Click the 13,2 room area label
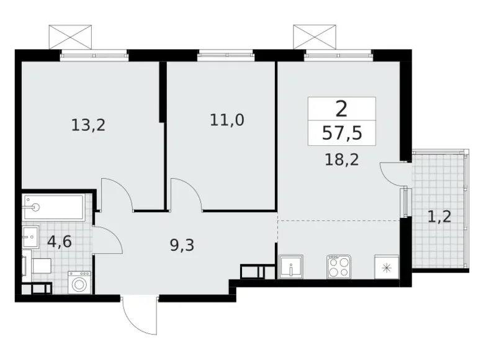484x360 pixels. pos(88,125)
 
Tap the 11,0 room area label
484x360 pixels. pos(227,120)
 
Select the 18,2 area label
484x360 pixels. pos(342,160)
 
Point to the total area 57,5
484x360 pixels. pos(342,133)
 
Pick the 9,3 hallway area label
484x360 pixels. pos(182,245)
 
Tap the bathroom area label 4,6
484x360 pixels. pos(60,241)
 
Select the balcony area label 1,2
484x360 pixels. pos(439,217)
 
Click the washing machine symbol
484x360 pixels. pos(79,282)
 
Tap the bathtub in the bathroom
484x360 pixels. pos(53,207)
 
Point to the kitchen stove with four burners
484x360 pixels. pos(339,266)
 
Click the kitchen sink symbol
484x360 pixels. pos(290,267)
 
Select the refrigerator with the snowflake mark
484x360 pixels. pos(387,267)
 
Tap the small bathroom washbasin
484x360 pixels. pos(30,236)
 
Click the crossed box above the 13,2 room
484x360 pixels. pos(70,37)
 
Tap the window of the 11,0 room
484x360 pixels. pos(226,55)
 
